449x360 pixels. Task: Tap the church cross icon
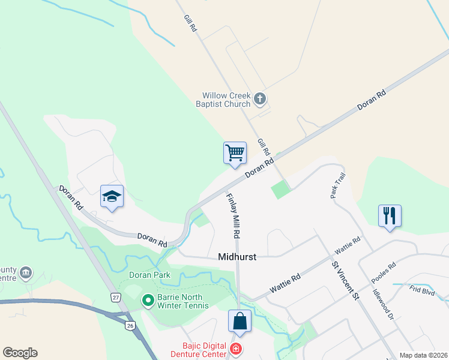pyautogui.click(x=260, y=98)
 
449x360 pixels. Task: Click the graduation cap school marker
pyautogui.click(x=112, y=196)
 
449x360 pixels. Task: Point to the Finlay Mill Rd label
pyautogui.click(x=234, y=214)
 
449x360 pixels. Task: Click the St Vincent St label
pyautogui.click(x=345, y=280)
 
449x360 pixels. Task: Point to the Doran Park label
pyautogui.click(x=149, y=275)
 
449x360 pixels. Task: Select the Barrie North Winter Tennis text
pyautogui.click(x=182, y=301)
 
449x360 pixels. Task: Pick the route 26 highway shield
pyautogui.click(x=130, y=325)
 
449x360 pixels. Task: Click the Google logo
pyautogui.click(x=20, y=353)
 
